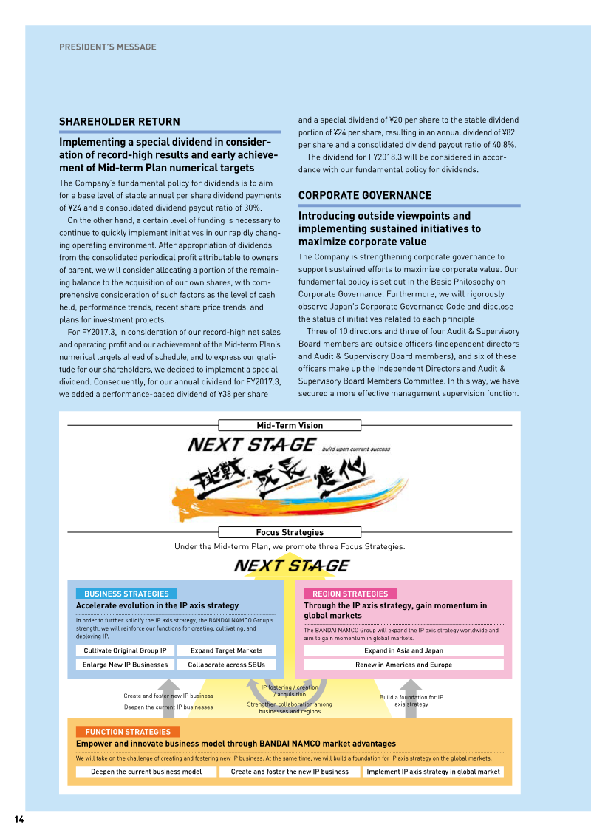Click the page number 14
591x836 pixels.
click(19, 819)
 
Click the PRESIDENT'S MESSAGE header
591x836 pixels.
click(108, 47)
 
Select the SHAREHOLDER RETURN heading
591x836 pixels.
click(119, 122)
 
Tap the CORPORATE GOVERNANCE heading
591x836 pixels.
click(365, 196)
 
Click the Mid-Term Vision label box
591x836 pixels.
click(290, 425)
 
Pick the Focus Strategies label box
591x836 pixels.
click(290, 532)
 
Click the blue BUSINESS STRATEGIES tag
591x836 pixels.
click(126, 594)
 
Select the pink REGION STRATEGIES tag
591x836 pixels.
click(350, 594)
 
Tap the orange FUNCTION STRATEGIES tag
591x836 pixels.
click(128, 732)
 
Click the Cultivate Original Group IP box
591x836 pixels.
click(126, 650)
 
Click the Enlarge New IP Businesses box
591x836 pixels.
click(126, 665)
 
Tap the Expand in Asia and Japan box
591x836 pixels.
click(403, 650)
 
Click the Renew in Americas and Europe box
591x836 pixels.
click(403, 665)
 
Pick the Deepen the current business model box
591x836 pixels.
click(146, 772)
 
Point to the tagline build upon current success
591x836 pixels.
click(356, 449)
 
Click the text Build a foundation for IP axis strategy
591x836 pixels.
click(411, 701)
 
